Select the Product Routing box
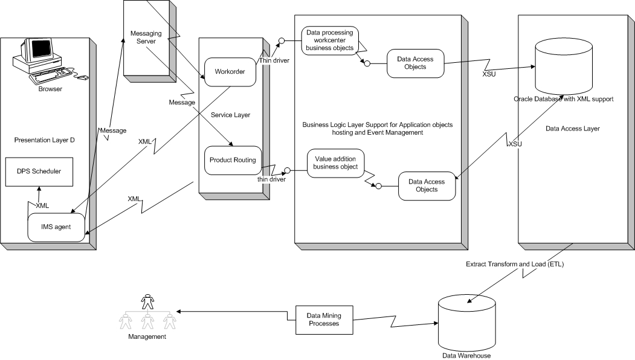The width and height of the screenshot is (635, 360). (233, 160)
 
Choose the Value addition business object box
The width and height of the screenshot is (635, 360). (336, 162)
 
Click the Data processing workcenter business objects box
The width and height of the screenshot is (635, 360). (330, 41)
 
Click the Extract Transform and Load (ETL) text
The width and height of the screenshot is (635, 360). (515, 265)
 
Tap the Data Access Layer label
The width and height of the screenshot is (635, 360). (569, 128)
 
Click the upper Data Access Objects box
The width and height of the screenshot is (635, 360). (415, 63)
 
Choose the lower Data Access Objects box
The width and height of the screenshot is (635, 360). (427, 185)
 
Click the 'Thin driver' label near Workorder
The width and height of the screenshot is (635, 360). (274, 60)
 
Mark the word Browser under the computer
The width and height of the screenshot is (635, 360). (50, 89)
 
